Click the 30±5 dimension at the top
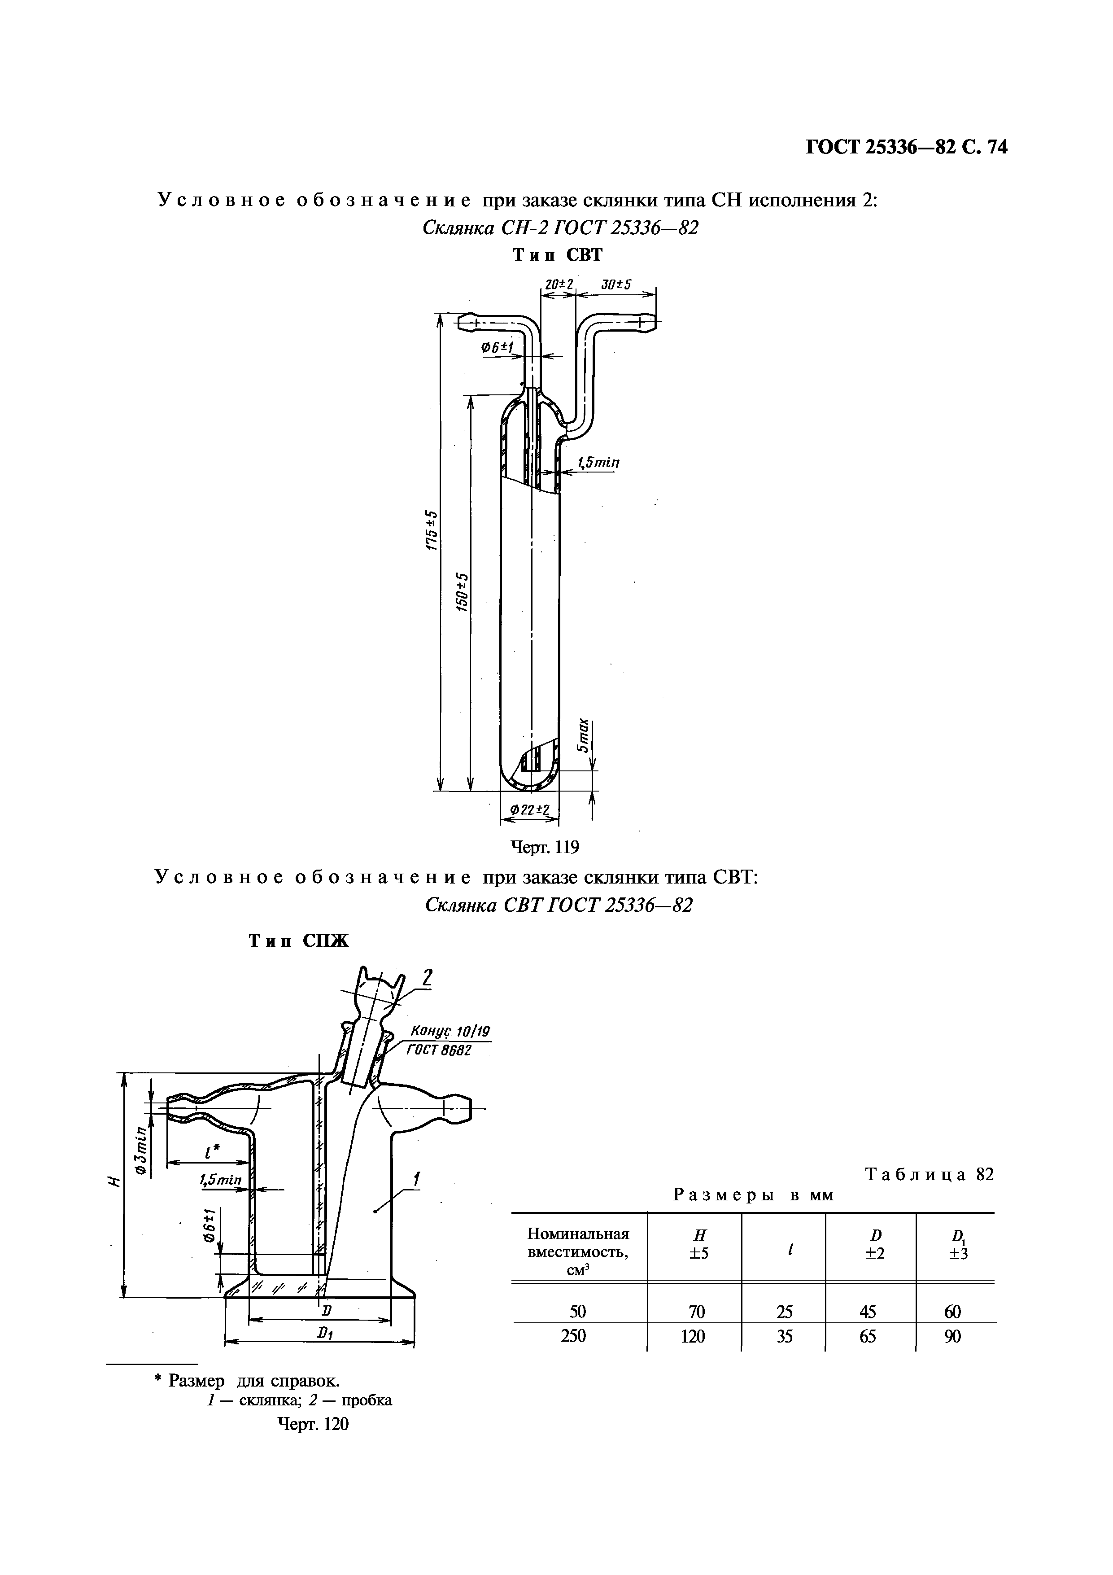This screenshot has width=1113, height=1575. tap(616, 284)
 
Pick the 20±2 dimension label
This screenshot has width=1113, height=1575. tap(558, 284)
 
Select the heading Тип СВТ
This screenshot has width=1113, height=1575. tap(558, 255)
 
